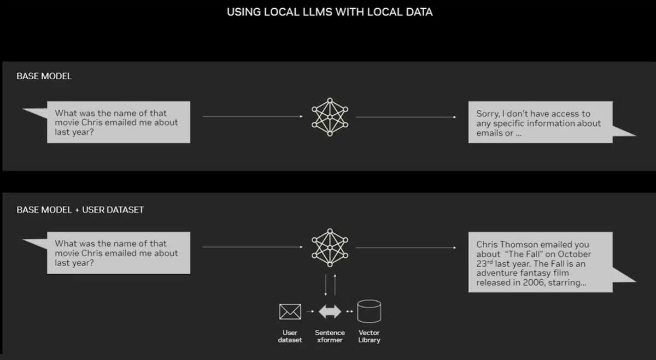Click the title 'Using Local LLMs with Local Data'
(x=330, y=12)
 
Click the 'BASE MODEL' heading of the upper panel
(x=44, y=76)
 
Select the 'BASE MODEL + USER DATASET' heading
(x=80, y=210)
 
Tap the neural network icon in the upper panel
(x=330, y=117)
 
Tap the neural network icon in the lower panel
(x=330, y=247)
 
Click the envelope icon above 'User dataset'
(x=290, y=311)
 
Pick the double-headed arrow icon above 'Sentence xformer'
(x=330, y=311)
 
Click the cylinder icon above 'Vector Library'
(x=369, y=311)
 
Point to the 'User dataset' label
(x=290, y=337)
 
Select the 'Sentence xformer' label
(x=330, y=337)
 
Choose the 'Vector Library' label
(x=369, y=337)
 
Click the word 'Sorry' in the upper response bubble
(x=488, y=114)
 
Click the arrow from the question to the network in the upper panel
(x=253, y=116)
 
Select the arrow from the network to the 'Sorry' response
(x=406, y=117)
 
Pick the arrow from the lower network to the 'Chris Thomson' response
(x=406, y=247)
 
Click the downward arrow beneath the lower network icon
(x=326, y=285)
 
